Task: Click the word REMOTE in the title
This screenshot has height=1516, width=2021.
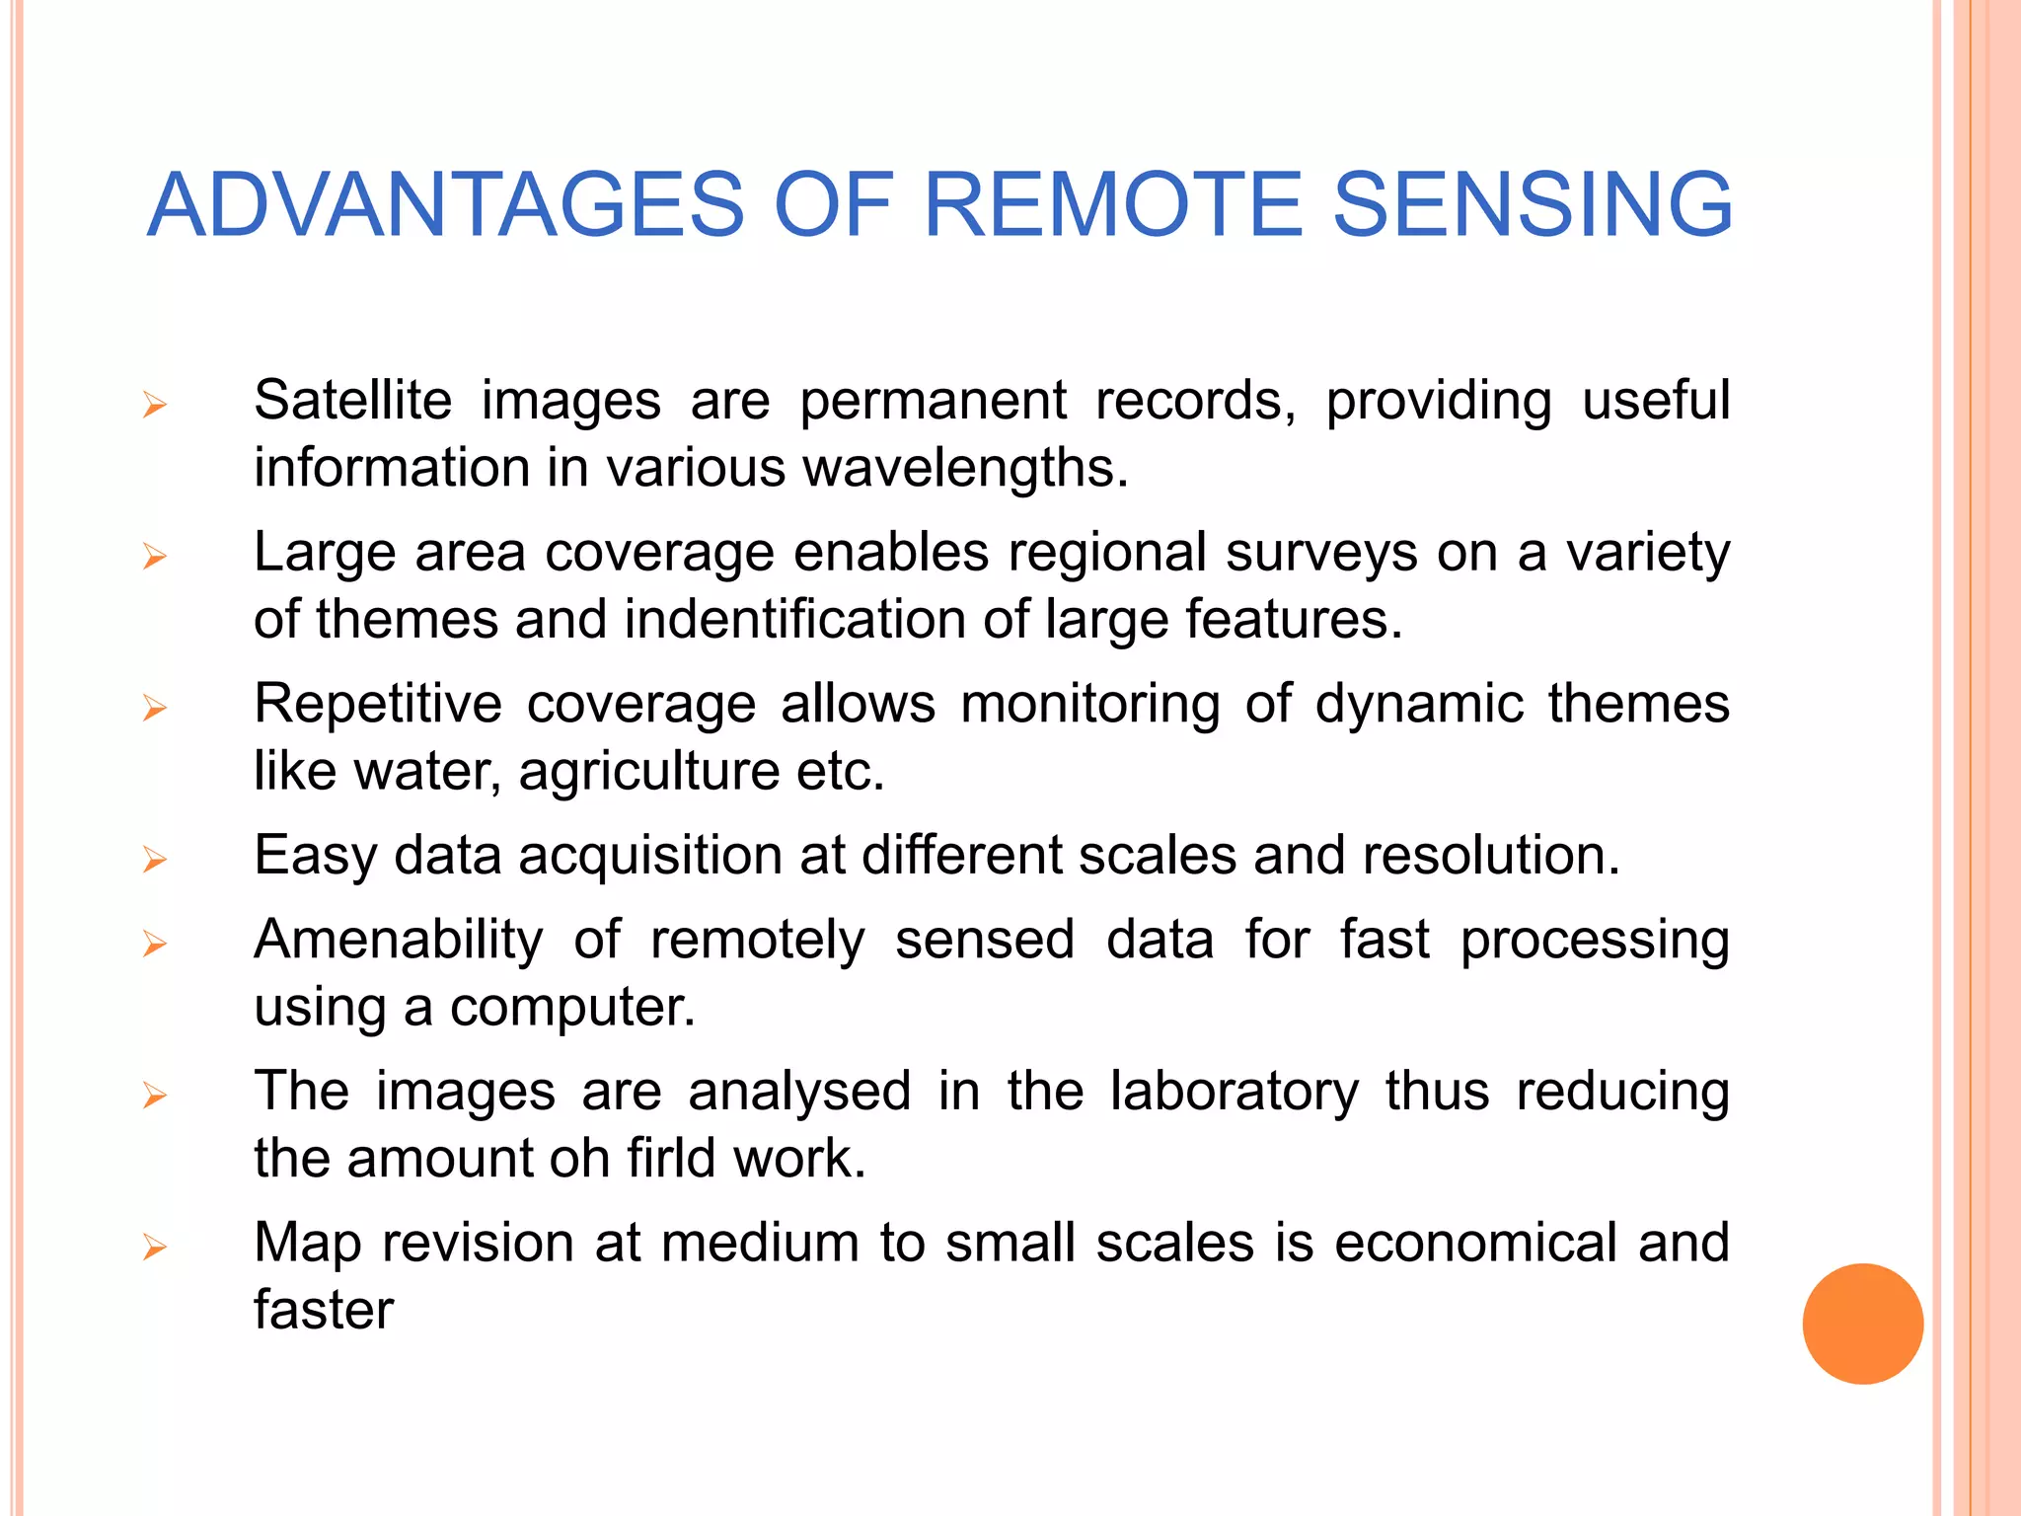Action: [1113, 205]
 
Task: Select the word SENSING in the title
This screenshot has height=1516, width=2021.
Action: [1533, 205]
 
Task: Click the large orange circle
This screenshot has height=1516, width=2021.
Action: [1862, 1324]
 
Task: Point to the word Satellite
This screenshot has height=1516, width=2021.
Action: [352, 401]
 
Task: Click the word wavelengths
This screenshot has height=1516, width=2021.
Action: [965, 468]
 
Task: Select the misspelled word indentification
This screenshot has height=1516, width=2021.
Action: [794, 620]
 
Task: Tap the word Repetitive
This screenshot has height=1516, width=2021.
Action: [378, 704]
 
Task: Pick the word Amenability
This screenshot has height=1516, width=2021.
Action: [399, 940]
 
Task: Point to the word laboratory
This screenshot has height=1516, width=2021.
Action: [1234, 1092]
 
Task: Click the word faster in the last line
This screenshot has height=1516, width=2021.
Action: [324, 1311]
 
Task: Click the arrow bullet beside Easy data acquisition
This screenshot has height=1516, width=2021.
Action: [154, 860]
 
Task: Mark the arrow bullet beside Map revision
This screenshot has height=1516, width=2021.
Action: [154, 1248]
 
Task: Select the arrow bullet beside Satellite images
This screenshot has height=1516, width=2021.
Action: [154, 405]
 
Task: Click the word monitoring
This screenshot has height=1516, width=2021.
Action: [1089, 706]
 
